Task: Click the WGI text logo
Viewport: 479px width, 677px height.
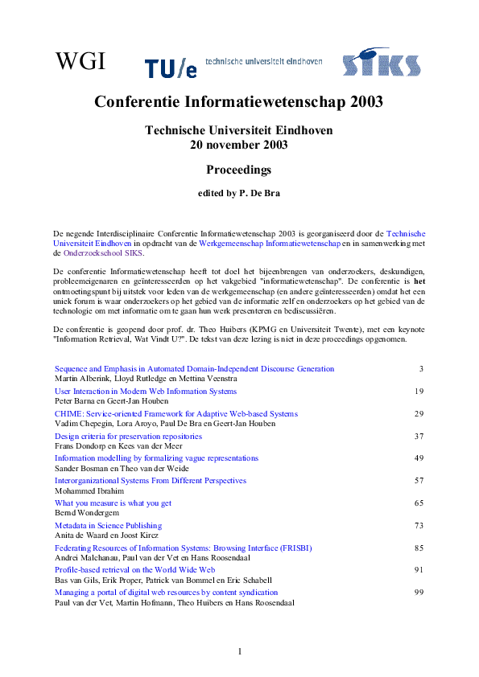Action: click(x=79, y=60)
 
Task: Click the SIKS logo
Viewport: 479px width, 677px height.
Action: click(x=381, y=62)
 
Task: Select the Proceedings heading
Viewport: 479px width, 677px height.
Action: click(x=238, y=170)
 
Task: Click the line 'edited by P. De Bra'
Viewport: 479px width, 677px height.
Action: click(x=238, y=194)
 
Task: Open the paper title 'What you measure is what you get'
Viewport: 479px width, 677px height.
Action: click(x=113, y=503)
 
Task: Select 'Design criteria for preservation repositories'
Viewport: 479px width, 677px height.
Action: click(x=128, y=436)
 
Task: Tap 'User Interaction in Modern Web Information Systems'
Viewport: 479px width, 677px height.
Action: click(x=145, y=391)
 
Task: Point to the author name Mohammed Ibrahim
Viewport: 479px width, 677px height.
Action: click(x=92, y=490)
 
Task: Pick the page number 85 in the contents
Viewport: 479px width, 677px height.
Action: click(x=419, y=548)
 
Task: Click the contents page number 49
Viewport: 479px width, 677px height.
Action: click(x=419, y=458)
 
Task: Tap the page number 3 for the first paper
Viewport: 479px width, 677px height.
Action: click(x=421, y=369)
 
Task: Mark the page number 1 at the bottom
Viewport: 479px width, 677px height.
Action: click(x=239, y=651)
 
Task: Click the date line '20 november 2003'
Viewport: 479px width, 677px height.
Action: click(x=238, y=145)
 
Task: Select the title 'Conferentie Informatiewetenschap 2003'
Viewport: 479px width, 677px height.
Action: click(x=238, y=102)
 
